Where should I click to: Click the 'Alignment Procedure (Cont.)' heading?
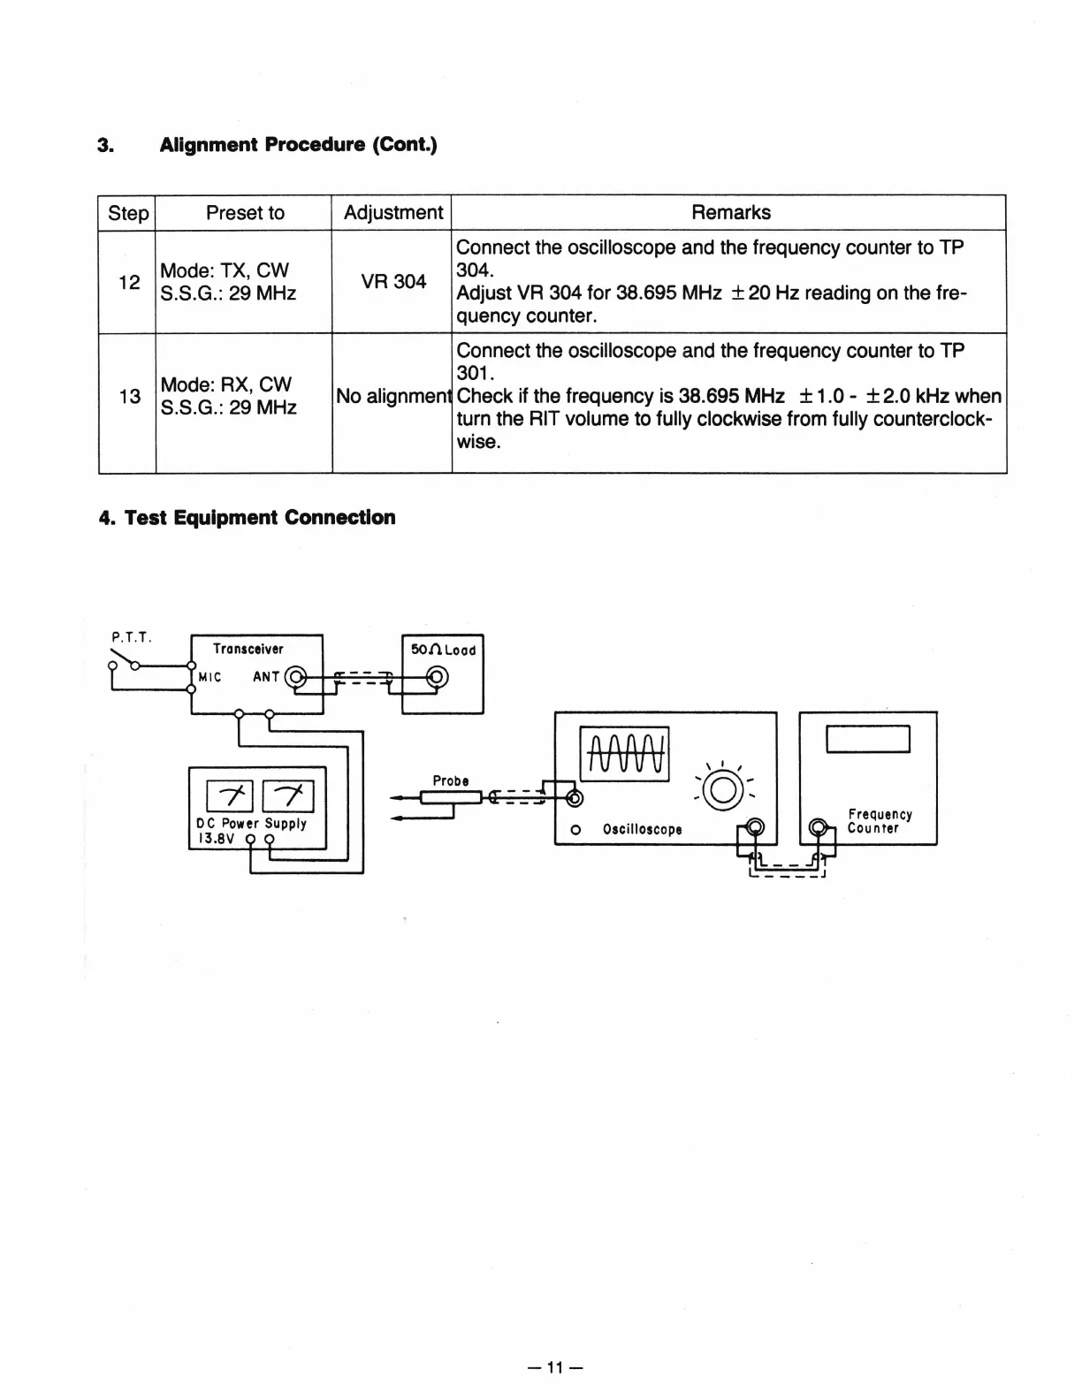pos(298,144)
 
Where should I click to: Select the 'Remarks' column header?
pos(730,213)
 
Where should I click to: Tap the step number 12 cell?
pos(129,282)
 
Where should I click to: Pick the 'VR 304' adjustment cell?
pos(393,282)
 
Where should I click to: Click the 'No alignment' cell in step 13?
pos(392,397)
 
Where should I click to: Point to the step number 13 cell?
pos(129,397)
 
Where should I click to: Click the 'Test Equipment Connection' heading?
pos(259,518)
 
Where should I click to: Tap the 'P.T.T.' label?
pos(132,635)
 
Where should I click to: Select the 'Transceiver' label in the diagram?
pos(248,649)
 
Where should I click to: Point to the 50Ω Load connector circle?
pos(437,678)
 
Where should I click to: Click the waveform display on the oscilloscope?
pos(624,754)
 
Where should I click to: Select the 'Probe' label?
pos(451,781)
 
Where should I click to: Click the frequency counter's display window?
pos(867,738)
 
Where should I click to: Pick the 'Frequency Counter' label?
pos(879,821)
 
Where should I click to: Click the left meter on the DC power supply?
pos(230,796)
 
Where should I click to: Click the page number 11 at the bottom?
pos(555,1368)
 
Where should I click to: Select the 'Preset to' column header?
pos(245,213)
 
